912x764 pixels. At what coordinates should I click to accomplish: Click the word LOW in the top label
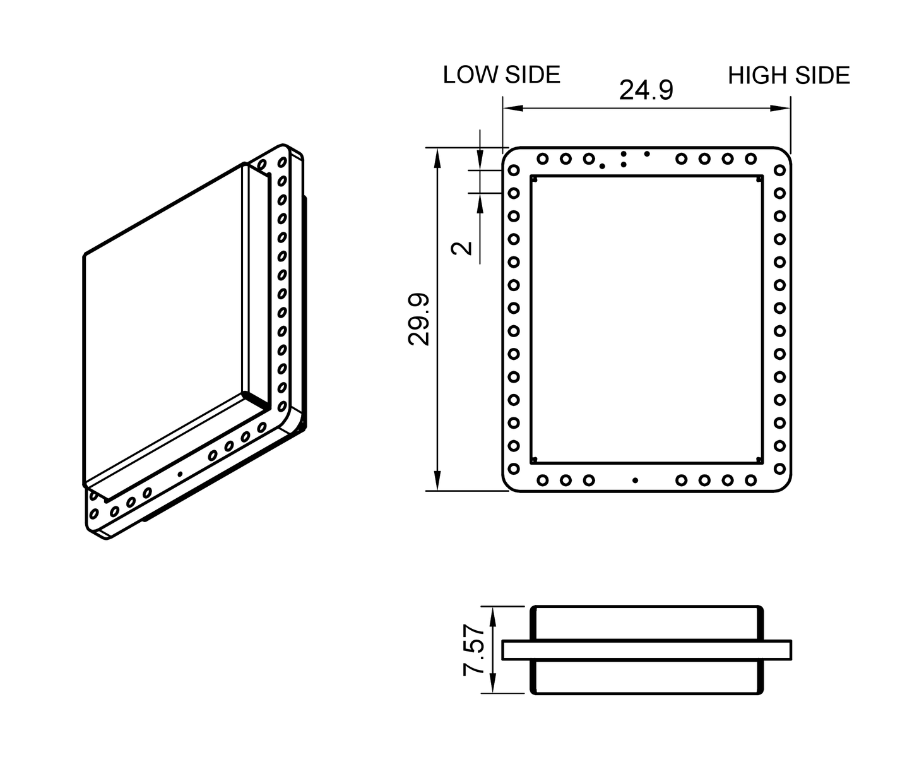point(470,75)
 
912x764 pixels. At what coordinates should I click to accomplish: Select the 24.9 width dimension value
point(646,90)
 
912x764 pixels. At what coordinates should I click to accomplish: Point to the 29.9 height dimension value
point(419,319)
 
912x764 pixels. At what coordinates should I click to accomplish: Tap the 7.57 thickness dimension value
point(474,650)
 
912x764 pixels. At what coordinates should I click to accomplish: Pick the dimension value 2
point(464,247)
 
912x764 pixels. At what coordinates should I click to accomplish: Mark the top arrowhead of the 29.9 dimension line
point(436,155)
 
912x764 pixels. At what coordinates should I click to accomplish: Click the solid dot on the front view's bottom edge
point(635,480)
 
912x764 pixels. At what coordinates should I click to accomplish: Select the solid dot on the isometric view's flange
point(180,474)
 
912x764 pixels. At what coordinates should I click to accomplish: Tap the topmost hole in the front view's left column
point(514,170)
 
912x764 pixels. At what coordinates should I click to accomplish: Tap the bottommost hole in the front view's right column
point(779,469)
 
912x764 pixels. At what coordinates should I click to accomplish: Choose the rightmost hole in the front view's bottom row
point(750,480)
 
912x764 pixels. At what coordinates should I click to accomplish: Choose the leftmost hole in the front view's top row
point(542,158)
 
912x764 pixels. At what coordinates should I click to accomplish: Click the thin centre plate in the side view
point(646,650)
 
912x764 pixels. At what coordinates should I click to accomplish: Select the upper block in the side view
point(646,623)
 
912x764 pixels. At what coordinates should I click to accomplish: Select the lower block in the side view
point(646,677)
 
